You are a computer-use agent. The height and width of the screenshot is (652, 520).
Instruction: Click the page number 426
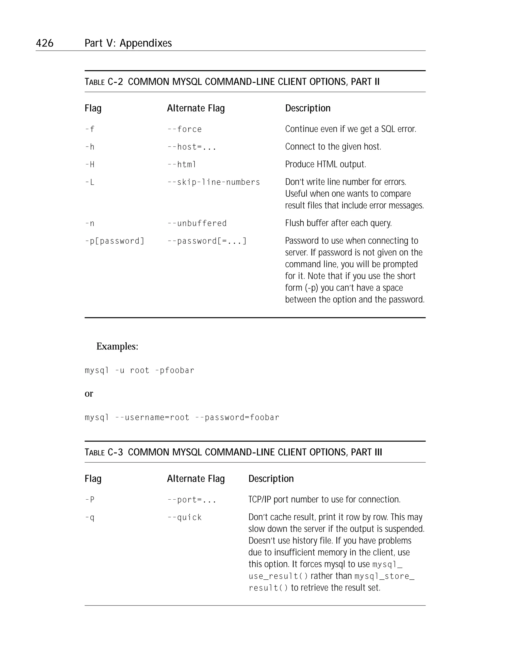click(44, 43)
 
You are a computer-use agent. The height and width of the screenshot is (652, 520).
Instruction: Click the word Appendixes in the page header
click(146, 43)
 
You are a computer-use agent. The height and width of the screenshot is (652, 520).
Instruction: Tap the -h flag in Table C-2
click(90, 147)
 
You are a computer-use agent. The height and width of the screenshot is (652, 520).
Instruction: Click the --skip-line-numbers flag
click(214, 182)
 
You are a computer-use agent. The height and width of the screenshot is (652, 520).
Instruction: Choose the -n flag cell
click(90, 224)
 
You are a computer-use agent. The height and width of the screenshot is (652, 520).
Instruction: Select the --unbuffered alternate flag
click(197, 224)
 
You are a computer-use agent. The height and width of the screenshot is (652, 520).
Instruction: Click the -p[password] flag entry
click(115, 241)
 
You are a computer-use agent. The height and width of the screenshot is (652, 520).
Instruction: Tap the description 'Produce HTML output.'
click(325, 164)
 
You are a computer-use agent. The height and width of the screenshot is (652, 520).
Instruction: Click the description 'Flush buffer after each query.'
click(338, 223)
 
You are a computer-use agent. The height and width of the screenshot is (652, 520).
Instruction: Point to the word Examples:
click(117, 346)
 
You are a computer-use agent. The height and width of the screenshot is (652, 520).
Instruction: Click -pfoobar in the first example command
click(174, 371)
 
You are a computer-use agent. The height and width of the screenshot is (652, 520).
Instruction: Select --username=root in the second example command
click(152, 418)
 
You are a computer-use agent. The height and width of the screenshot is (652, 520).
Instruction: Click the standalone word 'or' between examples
click(89, 393)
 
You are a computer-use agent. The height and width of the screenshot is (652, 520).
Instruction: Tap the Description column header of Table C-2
click(307, 108)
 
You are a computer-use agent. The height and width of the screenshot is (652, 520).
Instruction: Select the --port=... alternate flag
click(192, 500)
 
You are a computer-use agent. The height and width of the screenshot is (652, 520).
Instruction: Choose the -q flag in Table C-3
click(90, 517)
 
